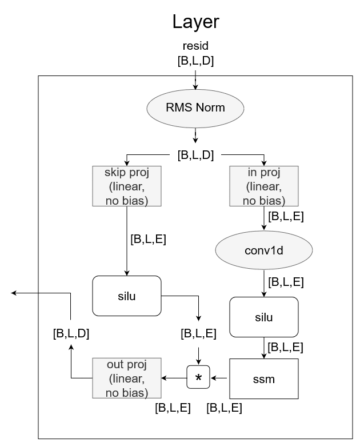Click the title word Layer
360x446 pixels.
pyautogui.click(x=196, y=22)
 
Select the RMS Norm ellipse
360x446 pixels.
pyautogui.click(x=196, y=107)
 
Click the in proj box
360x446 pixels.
pyautogui.click(x=264, y=186)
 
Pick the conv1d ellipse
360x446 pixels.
pyautogui.click(x=264, y=250)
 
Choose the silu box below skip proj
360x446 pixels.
pyautogui.click(x=126, y=295)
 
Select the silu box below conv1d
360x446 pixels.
pyautogui.click(x=264, y=317)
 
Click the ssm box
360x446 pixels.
pyautogui.click(x=264, y=379)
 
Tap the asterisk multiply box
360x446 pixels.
pyautogui.click(x=199, y=378)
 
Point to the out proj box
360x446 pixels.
pyautogui.click(x=126, y=378)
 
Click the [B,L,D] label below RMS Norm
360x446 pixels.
pyautogui.click(x=196, y=154)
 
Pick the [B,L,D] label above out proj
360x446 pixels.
pyautogui.click(x=71, y=333)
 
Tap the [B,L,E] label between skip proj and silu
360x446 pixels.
pyautogui.click(x=149, y=239)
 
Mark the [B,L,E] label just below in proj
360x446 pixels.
pyautogui.click(x=286, y=216)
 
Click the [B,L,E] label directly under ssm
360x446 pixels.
pyautogui.click(x=224, y=408)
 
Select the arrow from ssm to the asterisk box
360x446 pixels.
pyautogui.click(x=220, y=378)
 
